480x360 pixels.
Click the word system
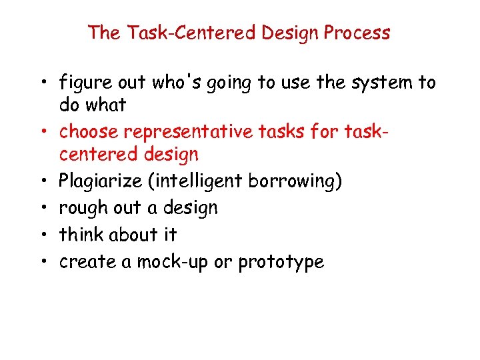coord(381,83)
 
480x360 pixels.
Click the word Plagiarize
coord(98,181)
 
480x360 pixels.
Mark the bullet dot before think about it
coord(43,235)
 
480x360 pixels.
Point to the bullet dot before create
coord(43,262)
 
